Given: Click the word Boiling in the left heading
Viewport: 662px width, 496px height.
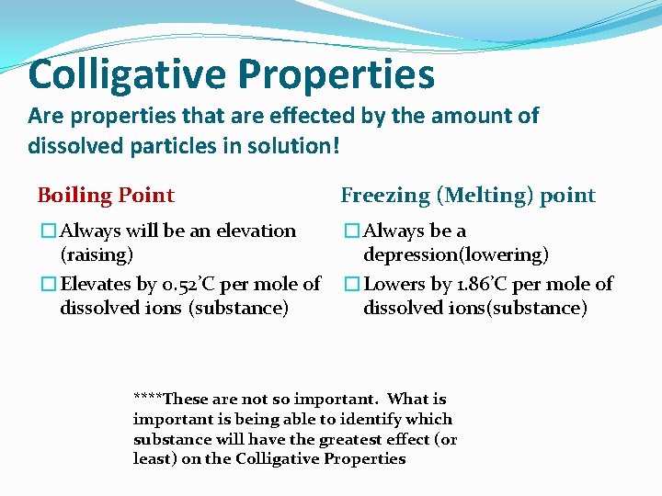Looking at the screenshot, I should click(x=73, y=196).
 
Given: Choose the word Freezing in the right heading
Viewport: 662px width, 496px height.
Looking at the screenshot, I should click(x=385, y=196).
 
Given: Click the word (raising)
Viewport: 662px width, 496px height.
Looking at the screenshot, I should click(x=97, y=254).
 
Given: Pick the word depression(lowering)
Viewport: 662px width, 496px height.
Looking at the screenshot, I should click(x=456, y=254).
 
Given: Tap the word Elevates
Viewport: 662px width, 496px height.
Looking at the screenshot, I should click(x=95, y=284).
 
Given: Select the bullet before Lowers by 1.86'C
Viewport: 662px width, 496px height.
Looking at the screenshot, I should click(x=352, y=285).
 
